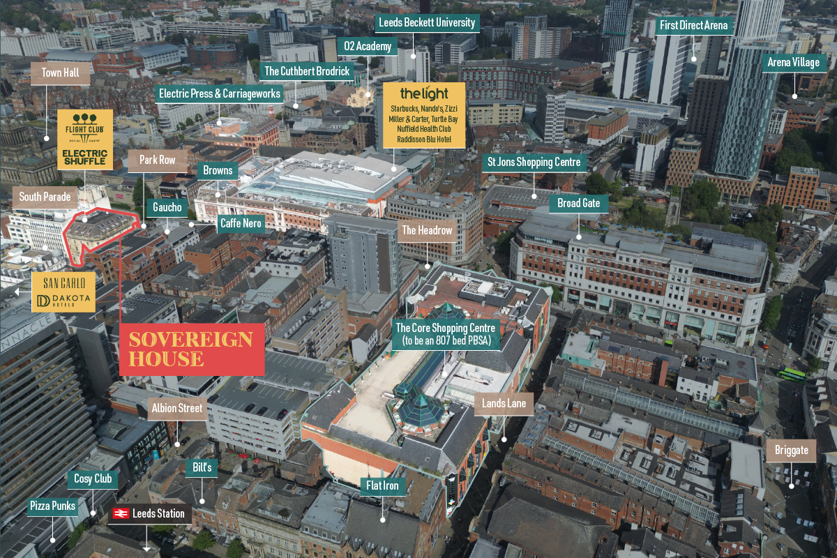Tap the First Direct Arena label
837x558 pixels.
[x=694, y=27]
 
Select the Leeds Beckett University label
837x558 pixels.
[x=426, y=23]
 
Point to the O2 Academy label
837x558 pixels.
[x=368, y=47]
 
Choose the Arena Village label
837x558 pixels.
[x=793, y=63]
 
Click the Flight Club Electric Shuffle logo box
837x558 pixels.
[x=85, y=139]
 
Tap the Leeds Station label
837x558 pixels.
[x=151, y=514]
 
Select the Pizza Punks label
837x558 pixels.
[x=53, y=506]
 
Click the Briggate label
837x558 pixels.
[x=791, y=450]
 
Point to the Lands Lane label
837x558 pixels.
[x=503, y=404]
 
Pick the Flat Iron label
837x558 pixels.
[x=383, y=485]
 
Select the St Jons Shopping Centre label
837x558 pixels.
[x=534, y=163]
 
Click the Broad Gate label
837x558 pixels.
[x=579, y=204]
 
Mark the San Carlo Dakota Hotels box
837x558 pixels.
[x=63, y=292]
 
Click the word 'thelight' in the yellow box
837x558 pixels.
[x=424, y=93]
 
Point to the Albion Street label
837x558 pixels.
[x=177, y=409]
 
